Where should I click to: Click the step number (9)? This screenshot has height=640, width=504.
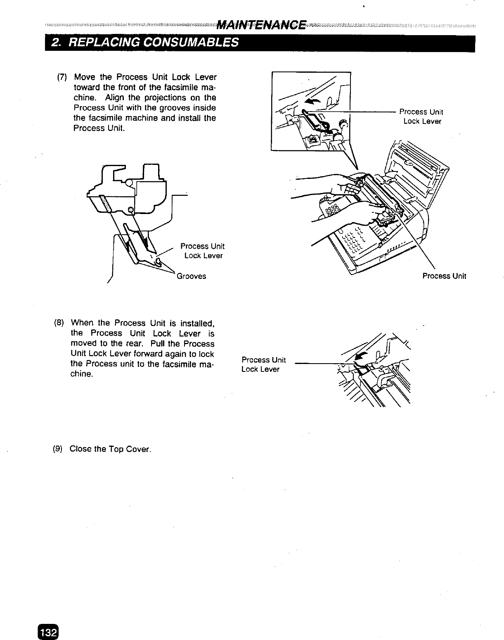point(58,449)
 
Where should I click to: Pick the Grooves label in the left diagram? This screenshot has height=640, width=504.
point(191,276)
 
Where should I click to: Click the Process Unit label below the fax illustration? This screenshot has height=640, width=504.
point(444,276)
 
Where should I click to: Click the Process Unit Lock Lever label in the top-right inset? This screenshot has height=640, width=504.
point(421,117)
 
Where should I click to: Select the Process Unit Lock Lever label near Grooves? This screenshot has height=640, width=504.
point(203,251)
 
